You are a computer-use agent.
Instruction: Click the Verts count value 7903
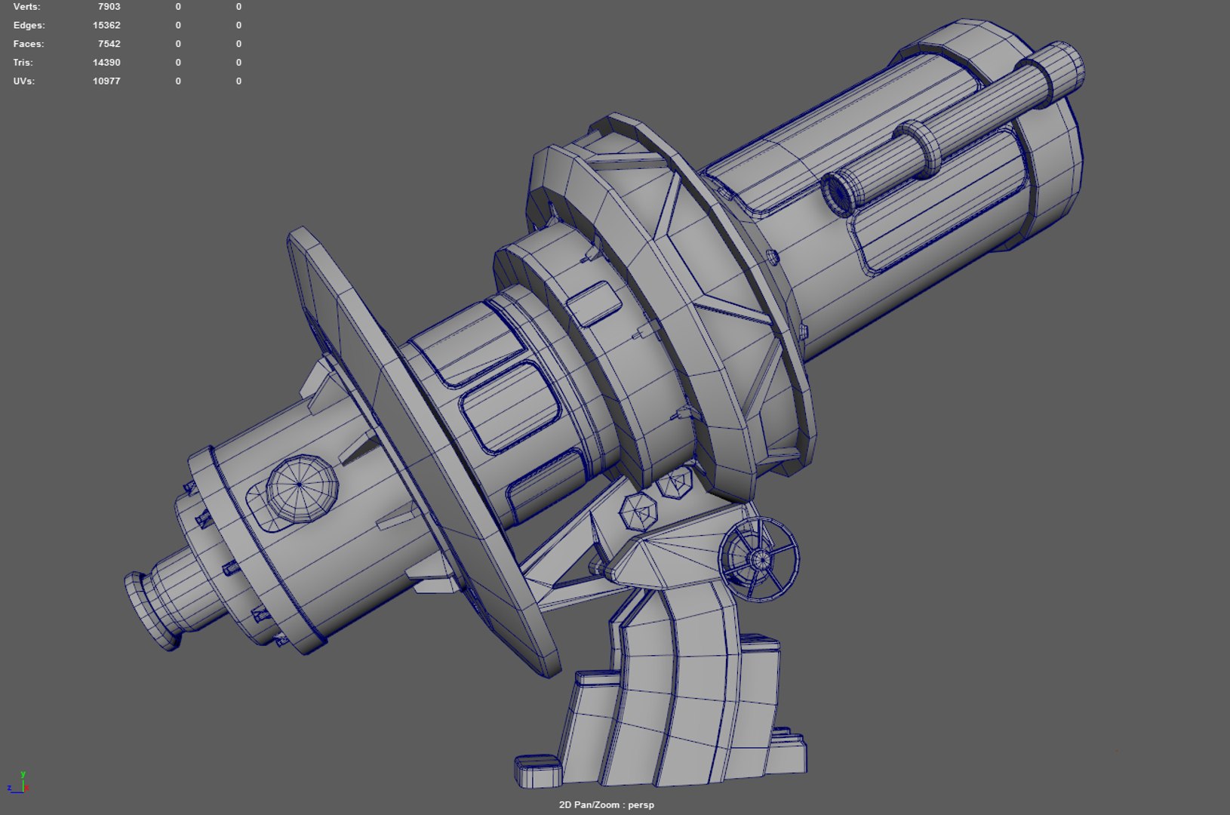(x=109, y=7)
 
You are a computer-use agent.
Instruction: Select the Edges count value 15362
(x=106, y=26)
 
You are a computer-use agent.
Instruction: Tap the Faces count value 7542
(x=109, y=44)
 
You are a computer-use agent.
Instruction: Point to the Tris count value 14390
(x=106, y=63)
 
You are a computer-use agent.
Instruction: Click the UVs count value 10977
(x=106, y=81)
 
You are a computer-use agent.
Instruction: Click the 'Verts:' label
(x=27, y=7)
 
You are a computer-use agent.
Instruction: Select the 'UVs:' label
(x=24, y=81)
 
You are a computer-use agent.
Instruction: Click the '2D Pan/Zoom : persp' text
(x=606, y=804)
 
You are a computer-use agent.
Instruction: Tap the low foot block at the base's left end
(x=539, y=770)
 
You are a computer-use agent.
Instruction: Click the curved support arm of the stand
(x=679, y=679)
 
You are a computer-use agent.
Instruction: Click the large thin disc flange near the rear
(x=423, y=445)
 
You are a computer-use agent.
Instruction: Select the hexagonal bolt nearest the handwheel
(x=677, y=482)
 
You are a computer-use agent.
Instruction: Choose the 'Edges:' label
(x=29, y=26)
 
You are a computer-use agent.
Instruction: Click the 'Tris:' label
(x=23, y=63)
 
